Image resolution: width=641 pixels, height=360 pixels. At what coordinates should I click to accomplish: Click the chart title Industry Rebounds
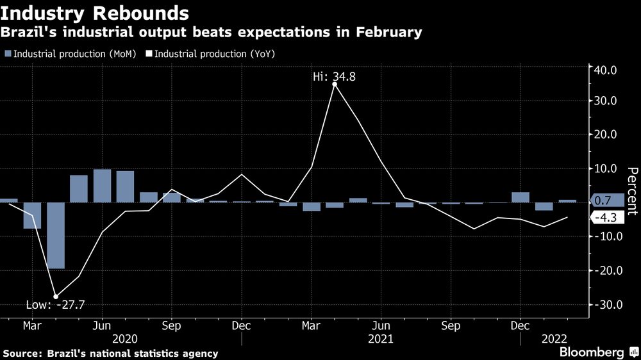click(x=96, y=12)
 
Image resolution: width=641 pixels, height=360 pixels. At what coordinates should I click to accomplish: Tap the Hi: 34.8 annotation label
click(x=334, y=77)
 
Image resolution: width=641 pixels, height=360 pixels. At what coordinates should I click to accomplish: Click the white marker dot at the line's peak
click(x=335, y=84)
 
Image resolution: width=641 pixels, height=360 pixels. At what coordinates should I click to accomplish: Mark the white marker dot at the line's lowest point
click(x=56, y=297)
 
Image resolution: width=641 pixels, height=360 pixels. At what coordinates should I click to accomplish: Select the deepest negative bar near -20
click(x=56, y=235)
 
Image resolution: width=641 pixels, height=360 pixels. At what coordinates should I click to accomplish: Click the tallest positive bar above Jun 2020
click(x=103, y=186)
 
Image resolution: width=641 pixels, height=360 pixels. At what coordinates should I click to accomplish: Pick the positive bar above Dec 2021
click(x=520, y=197)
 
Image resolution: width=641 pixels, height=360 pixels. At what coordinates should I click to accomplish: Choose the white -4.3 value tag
click(x=605, y=218)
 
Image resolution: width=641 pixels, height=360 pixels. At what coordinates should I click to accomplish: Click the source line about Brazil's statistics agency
click(x=110, y=353)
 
